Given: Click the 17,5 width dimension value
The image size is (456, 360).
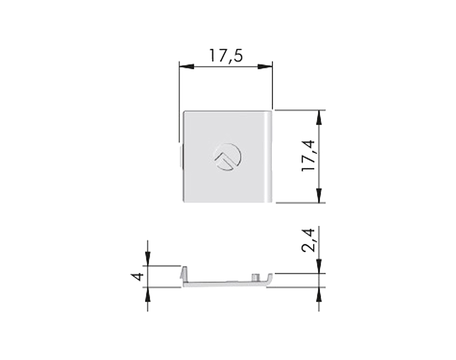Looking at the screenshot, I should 226,55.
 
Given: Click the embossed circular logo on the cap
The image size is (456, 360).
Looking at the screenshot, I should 227,156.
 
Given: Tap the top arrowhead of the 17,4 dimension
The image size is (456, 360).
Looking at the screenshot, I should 319,117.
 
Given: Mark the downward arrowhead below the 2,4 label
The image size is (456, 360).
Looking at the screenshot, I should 319,266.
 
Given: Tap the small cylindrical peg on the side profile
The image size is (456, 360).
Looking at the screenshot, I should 256,277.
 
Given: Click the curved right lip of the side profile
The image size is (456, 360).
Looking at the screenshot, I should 269,279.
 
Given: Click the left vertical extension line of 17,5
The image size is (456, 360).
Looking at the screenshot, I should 179,102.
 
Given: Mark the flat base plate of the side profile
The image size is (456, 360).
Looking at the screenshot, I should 223,283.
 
